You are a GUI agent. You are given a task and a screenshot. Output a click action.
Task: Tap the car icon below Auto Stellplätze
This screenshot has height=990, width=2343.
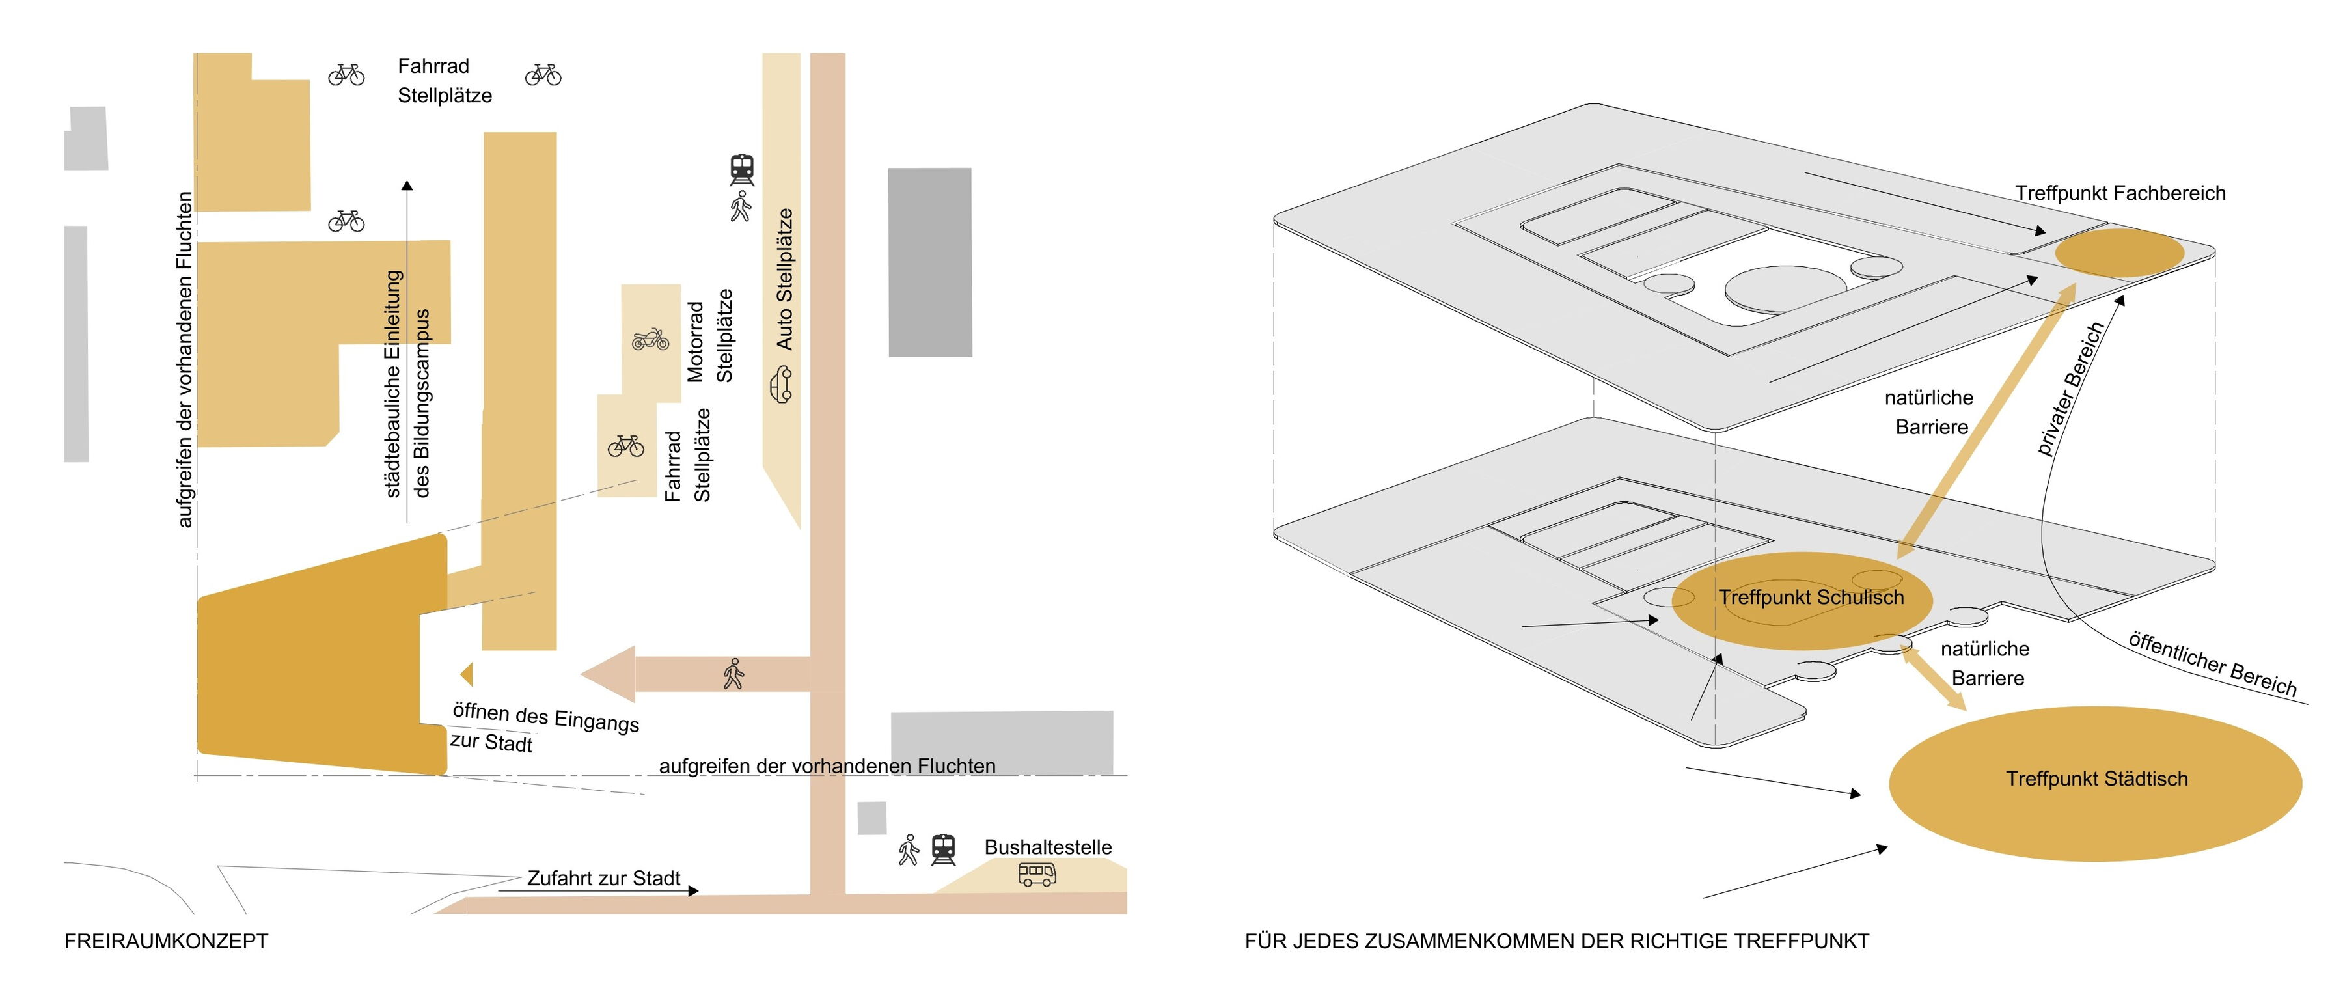(781, 384)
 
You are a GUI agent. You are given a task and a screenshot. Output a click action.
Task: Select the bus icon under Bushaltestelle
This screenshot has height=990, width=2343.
(1037, 874)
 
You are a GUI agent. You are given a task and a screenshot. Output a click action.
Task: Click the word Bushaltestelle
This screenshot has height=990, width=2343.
(1048, 847)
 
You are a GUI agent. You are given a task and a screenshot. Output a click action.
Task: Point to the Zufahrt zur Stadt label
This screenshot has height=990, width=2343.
(604, 878)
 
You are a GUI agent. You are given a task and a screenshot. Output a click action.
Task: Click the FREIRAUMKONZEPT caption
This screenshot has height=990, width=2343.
(167, 941)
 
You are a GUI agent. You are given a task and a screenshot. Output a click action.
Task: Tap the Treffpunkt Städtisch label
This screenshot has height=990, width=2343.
(2096, 779)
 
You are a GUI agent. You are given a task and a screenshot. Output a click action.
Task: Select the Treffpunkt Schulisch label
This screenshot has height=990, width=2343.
(1811, 598)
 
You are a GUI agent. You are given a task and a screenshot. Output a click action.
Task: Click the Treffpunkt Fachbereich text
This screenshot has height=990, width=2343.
(2120, 193)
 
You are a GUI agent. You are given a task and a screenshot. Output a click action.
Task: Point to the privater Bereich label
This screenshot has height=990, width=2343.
(2070, 389)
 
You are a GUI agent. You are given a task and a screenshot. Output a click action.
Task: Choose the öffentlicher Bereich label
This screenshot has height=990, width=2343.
(2212, 663)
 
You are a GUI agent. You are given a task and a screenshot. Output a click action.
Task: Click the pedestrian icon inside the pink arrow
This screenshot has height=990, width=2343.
(733, 674)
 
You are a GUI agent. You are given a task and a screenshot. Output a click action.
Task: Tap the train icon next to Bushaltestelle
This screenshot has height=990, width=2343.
(943, 850)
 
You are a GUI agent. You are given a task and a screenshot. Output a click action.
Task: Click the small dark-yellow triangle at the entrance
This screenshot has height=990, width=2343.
(467, 674)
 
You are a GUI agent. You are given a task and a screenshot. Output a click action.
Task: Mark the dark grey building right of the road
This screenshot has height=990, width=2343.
(929, 262)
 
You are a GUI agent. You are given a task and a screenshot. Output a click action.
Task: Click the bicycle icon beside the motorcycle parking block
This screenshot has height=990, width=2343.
(625, 446)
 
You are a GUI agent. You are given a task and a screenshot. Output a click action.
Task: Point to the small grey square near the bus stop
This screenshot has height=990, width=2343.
(871, 818)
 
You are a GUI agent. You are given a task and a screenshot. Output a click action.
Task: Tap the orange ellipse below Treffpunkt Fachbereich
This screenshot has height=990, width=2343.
(2119, 253)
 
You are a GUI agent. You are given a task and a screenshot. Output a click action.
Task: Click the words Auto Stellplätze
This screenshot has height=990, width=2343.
(784, 279)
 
